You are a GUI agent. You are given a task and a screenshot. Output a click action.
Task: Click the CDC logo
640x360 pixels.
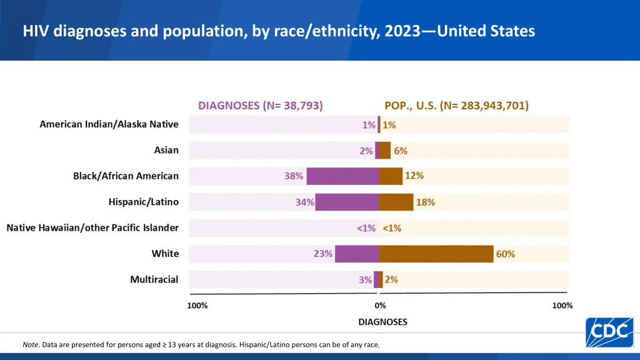coord(609,332)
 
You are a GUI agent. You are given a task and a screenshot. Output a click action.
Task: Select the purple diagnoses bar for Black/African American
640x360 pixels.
coord(342,176)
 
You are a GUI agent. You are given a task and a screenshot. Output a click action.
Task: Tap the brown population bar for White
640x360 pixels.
coord(436,254)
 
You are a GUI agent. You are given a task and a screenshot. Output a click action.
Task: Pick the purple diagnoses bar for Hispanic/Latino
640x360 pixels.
coord(347,202)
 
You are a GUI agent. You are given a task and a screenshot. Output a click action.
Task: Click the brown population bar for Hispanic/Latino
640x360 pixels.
coord(396,202)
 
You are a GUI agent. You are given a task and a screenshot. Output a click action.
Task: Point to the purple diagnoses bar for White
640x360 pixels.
coord(357,254)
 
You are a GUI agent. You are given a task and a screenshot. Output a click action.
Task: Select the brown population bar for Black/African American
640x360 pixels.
coord(391,176)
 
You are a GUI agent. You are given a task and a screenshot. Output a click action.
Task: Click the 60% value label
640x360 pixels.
coord(506,254)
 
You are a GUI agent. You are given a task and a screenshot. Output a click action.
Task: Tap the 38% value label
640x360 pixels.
coord(294,176)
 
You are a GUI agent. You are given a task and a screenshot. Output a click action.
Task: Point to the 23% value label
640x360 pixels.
coord(322,254)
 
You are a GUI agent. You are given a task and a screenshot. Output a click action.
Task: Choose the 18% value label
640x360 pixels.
coord(426,202)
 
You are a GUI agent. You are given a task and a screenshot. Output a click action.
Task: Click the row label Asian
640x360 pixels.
coord(166,150)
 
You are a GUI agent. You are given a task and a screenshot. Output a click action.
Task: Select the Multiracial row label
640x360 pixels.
coord(154,279)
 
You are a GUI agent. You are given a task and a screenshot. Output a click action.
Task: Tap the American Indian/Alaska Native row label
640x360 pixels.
coord(109,124)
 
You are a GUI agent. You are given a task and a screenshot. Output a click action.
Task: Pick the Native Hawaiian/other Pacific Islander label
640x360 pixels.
coord(92,227)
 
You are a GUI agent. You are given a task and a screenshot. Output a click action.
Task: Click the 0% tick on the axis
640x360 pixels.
coord(380,306)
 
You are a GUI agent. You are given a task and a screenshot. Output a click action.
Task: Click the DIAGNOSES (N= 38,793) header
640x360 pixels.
coord(261,106)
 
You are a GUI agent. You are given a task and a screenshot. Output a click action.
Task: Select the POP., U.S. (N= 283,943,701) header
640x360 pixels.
coord(456,106)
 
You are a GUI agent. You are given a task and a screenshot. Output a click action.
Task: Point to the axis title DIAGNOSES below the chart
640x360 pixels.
coord(382,322)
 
